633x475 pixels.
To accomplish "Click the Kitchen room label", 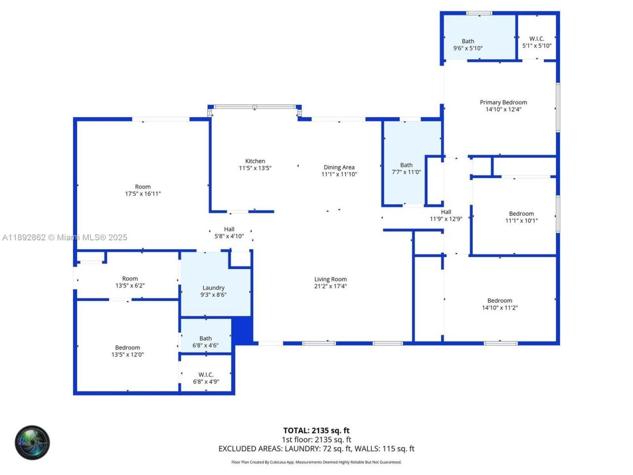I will coord(255,161).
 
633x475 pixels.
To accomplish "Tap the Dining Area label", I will coord(339,167).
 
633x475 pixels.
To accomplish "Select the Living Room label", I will coord(330,279).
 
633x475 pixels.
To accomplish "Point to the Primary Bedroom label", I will coord(503,102).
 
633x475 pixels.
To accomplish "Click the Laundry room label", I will coord(214,287).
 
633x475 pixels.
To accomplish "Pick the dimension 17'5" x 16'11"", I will coord(143,194).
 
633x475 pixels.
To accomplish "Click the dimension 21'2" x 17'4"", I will coord(330,286).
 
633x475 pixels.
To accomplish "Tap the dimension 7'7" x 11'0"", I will coord(407,172).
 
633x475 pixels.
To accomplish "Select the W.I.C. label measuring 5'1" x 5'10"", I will coord(537,39).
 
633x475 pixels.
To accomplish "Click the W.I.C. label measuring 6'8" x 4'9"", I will coord(206,375).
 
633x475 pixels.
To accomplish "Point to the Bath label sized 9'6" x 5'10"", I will coord(468,41).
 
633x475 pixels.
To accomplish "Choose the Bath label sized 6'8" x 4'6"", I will coord(205,338).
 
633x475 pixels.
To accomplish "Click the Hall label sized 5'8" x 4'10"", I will coord(229,229).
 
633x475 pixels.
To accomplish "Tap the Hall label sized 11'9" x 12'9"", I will coord(446,212).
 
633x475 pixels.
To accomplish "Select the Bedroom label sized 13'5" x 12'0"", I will coord(128,347).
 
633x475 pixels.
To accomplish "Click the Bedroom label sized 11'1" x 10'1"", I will coord(521,214).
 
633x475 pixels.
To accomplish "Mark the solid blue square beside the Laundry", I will coord(242,330).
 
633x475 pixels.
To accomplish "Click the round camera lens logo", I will coord(32,442).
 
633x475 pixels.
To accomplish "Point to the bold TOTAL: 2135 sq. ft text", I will coord(316,430).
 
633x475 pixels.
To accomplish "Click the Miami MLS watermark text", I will coord(64,237).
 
